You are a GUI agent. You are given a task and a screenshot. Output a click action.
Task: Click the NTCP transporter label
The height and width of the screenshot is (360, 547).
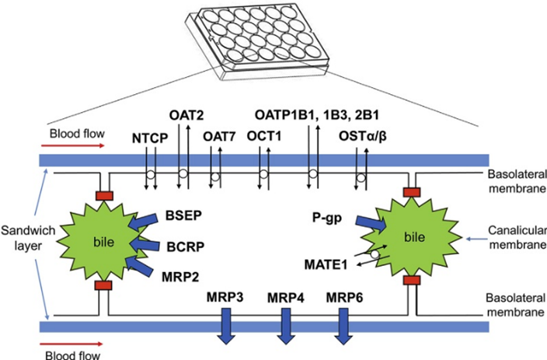[150, 138]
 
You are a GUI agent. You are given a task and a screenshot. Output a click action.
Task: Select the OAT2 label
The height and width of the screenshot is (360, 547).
[186, 115]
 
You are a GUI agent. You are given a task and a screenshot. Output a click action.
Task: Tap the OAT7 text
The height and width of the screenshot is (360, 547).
[220, 137]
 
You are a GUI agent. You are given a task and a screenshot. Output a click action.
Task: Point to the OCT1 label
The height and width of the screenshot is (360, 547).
[264, 136]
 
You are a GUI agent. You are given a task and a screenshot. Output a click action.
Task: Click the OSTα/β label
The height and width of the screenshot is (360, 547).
[363, 137]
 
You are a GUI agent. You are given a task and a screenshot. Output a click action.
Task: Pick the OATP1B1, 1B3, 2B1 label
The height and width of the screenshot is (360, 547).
[317, 115]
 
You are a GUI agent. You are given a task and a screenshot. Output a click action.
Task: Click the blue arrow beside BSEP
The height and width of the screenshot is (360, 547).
[143, 222]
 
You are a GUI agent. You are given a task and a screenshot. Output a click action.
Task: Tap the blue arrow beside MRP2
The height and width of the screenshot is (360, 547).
[140, 266]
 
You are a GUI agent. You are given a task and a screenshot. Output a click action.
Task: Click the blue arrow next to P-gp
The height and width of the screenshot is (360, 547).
[371, 223]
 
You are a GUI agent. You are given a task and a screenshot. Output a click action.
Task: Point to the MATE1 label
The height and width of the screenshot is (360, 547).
[326, 264]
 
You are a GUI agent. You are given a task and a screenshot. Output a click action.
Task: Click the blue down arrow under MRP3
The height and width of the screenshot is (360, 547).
[226, 326]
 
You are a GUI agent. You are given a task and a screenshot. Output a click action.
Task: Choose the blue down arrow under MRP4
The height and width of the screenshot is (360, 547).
[286, 326]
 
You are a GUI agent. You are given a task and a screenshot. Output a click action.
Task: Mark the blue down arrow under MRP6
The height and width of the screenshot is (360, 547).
[343, 326]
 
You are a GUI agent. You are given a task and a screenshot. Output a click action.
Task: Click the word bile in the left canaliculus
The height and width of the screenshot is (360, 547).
[104, 242]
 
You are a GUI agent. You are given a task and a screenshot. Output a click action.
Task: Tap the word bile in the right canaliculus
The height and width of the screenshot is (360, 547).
[414, 237]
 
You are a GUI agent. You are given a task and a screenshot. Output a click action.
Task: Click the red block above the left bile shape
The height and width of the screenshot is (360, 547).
[104, 195]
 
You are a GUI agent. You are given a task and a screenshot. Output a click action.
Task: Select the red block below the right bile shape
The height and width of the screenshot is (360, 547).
[412, 280]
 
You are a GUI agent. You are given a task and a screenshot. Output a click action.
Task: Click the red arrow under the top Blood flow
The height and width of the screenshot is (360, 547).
[73, 145]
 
